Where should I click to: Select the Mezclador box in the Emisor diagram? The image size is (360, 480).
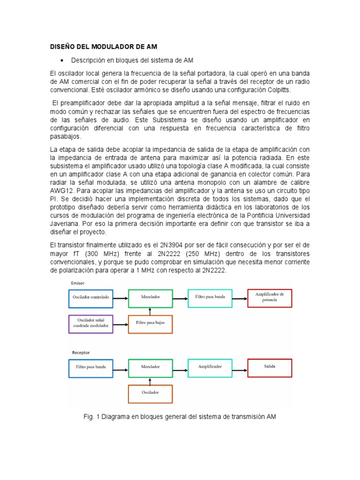[x=150, y=298]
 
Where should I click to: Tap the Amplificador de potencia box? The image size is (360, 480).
[x=270, y=297]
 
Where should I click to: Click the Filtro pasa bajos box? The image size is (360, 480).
[x=150, y=323]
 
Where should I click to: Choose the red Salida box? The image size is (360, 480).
[x=270, y=367]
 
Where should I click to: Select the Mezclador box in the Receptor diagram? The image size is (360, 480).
[x=150, y=367]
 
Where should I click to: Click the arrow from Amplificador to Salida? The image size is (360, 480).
[x=240, y=367]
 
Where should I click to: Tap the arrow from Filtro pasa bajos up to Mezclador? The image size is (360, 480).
[x=150, y=311]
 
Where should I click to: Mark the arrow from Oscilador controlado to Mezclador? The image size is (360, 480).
[x=120, y=298]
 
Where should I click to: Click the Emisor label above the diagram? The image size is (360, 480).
[x=77, y=283]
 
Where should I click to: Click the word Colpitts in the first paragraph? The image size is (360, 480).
[x=277, y=90]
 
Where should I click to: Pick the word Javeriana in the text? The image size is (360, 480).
[x=65, y=224]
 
